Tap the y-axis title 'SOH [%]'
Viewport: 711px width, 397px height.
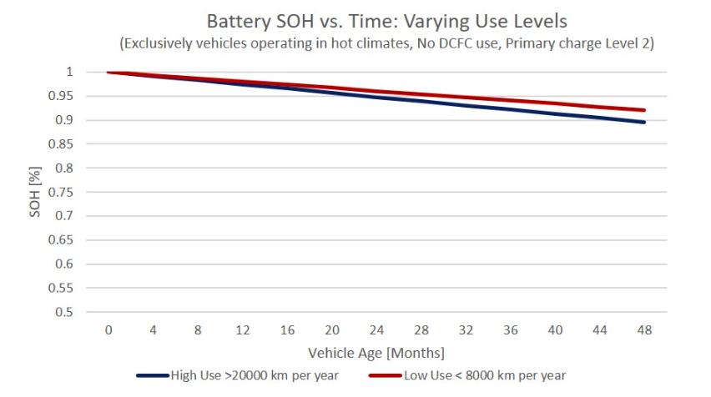[35, 192]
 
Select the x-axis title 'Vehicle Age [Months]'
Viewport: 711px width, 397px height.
[376, 353]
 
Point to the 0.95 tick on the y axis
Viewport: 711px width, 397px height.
[61, 96]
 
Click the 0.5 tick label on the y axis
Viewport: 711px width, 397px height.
[64, 312]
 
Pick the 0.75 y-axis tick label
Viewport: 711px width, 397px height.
[61, 192]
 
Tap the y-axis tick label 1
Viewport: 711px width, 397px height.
[69, 72]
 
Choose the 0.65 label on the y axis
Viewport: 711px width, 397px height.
[61, 239]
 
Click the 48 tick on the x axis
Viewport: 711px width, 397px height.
[644, 330]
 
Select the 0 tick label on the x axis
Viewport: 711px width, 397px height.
[108, 330]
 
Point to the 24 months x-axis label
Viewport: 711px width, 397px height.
[376, 330]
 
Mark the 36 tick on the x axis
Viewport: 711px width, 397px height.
[511, 330]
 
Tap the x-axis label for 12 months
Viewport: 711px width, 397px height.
[243, 330]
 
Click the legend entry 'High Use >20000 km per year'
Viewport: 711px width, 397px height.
[238, 375]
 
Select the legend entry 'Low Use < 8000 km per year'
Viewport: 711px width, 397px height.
[467, 375]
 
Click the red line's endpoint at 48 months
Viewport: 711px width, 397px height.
[644, 110]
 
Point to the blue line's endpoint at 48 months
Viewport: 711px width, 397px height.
[644, 123]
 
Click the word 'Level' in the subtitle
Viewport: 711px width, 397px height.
[619, 43]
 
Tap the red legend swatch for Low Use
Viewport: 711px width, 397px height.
[386, 375]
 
